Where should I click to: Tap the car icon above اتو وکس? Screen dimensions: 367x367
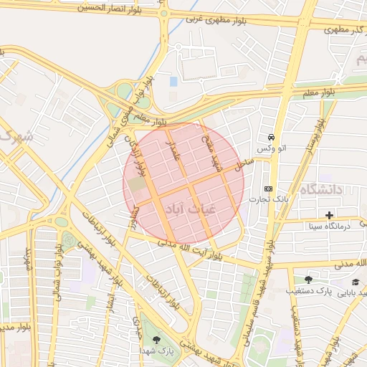click(271, 137)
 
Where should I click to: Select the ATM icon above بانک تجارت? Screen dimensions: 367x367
click(269, 188)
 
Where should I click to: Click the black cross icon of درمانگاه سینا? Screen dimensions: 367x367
click(329, 215)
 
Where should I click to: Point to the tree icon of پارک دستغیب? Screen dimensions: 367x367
click(309, 280)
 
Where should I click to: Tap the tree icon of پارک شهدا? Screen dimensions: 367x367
click(157, 340)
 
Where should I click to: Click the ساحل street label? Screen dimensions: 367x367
click(243, 168)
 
